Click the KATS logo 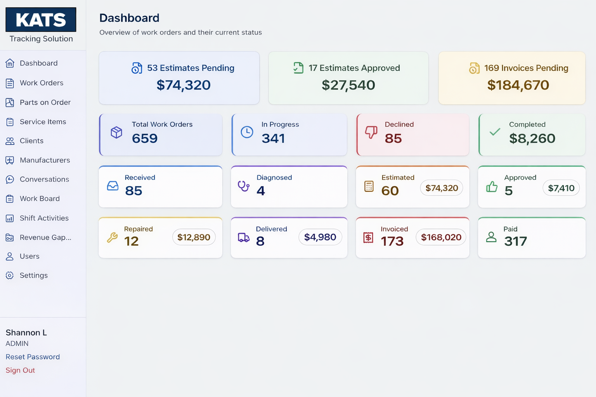click(x=41, y=20)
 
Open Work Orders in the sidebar click(x=41, y=83)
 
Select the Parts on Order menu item click(x=45, y=102)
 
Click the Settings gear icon click(x=10, y=276)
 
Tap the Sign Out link click(x=20, y=370)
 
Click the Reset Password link click(x=33, y=357)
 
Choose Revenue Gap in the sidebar click(x=45, y=237)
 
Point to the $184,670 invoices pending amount click(x=518, y=85)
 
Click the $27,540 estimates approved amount click(x=348, y=85)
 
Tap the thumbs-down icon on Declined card click(x=371, y=132)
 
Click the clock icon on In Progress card click(x=247, y=132)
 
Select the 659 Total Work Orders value click(x=145, y=138)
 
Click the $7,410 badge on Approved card click(x=561, y=188)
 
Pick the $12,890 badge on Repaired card click(x=194, y=237)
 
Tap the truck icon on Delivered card click(x=244, y=237)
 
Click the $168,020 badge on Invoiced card click(x=441, y=237)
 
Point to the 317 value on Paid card click(x=515, y=242)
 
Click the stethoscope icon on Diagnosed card click(x=244, y=186)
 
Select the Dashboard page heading click(x=129, y=18)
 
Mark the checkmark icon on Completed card click(x=495, y=132)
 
